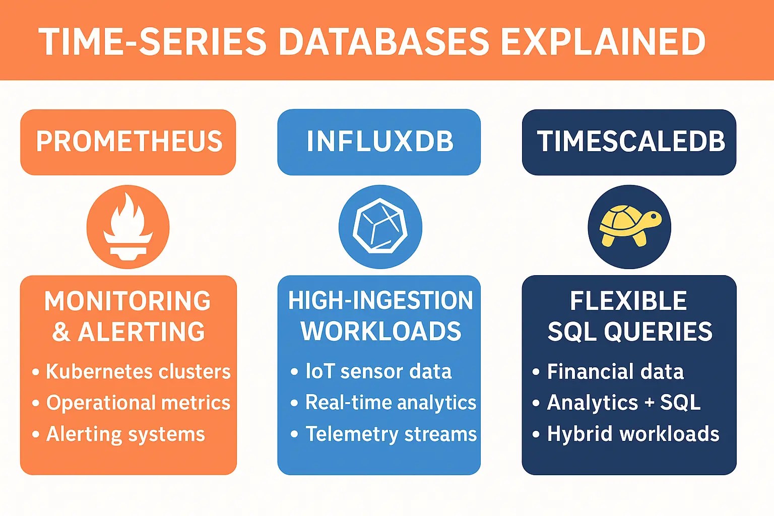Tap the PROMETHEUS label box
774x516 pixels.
(x=128, y=142)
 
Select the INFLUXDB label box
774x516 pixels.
(x=379, y=142)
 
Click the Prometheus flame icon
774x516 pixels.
(x=128, y=227)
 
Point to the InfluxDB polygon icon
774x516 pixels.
(x=380, y=227)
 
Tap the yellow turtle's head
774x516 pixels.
(x=654, y=218)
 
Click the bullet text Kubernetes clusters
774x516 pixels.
(x=138, y=372)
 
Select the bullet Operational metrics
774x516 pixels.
(x=138, y=403)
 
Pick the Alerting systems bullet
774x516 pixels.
(x=125, y=434)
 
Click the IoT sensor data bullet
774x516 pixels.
(x=378, y=372)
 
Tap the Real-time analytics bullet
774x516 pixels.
(x=391, y=403)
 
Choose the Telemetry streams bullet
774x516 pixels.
(x=391, y=434)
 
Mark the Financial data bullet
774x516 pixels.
(x=615, y=372)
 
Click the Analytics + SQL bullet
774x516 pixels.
(x=623, y=403)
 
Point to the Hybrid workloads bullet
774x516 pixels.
(x=633, y=434)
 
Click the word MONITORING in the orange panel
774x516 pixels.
(x=127, y=301)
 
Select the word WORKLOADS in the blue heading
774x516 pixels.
(x=381, y=332)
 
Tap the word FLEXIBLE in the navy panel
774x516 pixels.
(x=628, y=301)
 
